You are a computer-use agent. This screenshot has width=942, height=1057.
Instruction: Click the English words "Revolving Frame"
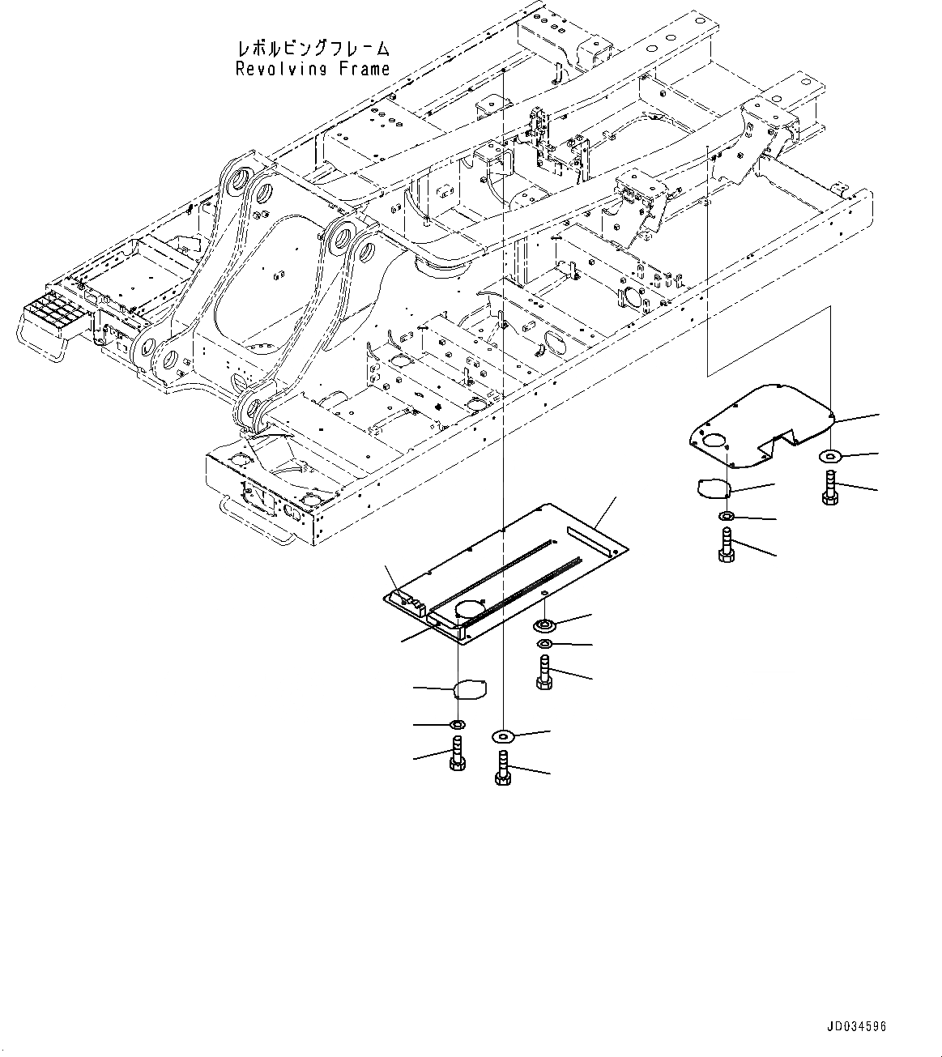click(x=313, y=70)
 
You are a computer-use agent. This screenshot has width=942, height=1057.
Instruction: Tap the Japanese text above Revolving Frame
click(x=313, y=49)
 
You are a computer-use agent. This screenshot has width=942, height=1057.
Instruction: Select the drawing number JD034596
click(x=856, y=1026)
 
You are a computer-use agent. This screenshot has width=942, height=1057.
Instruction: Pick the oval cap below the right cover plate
click(x=714, y=488)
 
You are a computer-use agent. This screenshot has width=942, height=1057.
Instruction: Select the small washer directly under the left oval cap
click(x=457, y=722)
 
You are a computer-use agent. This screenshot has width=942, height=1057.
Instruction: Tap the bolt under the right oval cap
click(x=726, y=544)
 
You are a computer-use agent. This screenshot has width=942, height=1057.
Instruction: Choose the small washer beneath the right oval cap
click(x=726, y=516)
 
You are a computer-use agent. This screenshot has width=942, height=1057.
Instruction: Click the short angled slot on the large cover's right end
click(x=584, y=536)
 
